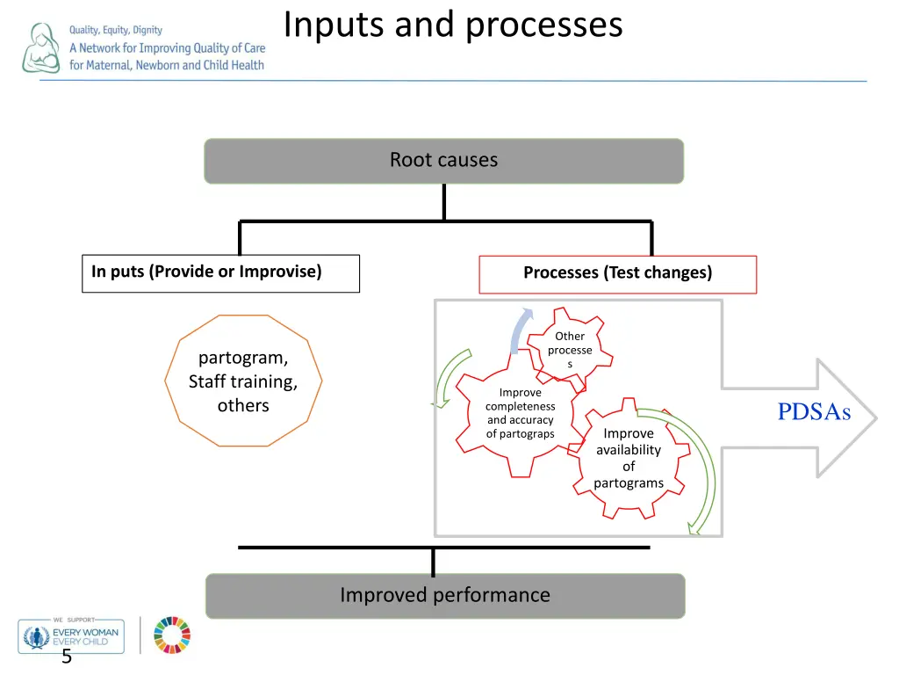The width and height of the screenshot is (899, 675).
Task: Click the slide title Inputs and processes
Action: point(452,25)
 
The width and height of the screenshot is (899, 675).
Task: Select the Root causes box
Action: point(443,161)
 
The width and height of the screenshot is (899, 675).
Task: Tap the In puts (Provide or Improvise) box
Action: point(220,272)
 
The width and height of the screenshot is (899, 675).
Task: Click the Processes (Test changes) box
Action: point(617,273)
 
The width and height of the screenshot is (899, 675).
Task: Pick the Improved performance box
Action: point(445,596)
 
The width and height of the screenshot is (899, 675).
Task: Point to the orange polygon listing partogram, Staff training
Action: point(243,381)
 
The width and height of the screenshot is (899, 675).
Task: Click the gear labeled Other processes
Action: point(570,349)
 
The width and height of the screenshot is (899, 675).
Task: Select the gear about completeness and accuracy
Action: point(521,413)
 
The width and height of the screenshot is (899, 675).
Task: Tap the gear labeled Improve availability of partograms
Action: point(629,458)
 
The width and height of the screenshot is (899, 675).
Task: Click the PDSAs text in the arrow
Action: point(814,412)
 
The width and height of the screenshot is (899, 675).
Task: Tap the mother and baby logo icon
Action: point(41,48)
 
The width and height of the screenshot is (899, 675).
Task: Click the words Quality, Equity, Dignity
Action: point(116,30)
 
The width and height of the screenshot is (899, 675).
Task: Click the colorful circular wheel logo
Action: point(172,635)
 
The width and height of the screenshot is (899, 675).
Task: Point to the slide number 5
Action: point(66,658)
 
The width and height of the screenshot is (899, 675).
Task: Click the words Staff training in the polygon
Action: point(243,381)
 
